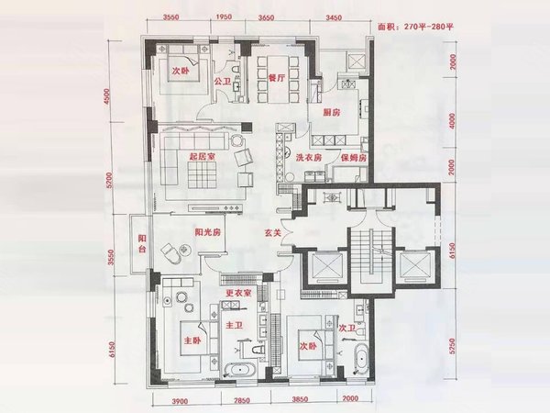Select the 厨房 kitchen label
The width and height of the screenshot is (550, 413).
coord(333,112)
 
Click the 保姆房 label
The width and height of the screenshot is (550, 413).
coord(354,158)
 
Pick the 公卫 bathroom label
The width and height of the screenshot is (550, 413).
coord(222,81)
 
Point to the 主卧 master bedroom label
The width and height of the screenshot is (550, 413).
coord(192,340)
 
